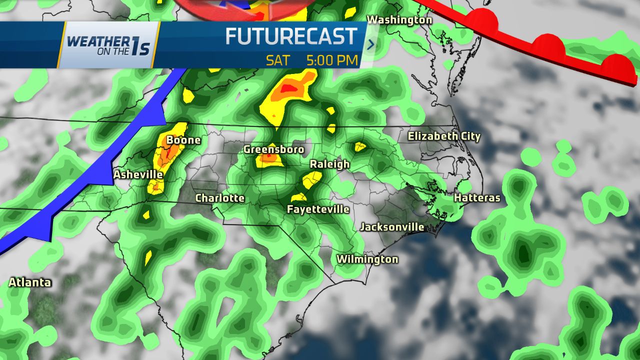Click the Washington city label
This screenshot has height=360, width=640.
[399, 20]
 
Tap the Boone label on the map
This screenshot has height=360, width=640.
[183, 140]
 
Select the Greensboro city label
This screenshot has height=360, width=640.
[273, 149]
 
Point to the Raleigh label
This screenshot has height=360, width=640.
[329, 164]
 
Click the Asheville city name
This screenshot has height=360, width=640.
[138, 174]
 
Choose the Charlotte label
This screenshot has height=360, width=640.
[220, 198]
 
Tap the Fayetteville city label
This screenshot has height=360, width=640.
[318, 209]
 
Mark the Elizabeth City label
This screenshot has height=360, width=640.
[444, 136]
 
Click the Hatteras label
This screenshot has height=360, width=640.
[477, 198]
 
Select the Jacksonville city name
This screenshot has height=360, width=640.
[392, 227]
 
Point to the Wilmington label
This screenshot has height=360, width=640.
[367, 259]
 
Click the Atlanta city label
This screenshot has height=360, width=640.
[30, 282]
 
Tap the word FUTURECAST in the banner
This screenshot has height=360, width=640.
[291, 36]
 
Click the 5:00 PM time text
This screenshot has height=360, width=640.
[332, 60]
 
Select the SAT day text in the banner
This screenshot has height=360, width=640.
[278, 60]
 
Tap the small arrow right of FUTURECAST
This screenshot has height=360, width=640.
[371, 44]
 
